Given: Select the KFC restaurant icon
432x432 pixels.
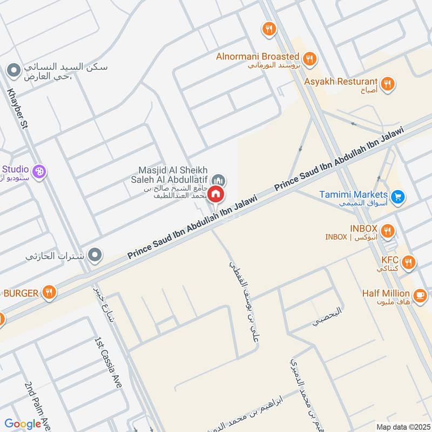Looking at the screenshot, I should point(409,263).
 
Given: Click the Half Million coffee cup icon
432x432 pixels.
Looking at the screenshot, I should point(420,295).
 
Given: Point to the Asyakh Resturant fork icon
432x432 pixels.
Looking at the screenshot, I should point(387,84).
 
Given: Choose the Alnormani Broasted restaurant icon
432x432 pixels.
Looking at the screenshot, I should point(309,59).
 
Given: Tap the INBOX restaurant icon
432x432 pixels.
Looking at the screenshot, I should point(387,232).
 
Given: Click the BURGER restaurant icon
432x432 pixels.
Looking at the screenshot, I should point(49,293).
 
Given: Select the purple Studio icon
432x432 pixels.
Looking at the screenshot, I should point(39,172).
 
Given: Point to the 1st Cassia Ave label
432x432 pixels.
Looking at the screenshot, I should point(108,363).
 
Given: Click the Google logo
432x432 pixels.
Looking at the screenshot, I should point(23,424).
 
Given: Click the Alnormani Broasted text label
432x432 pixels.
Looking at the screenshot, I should point(258,56).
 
